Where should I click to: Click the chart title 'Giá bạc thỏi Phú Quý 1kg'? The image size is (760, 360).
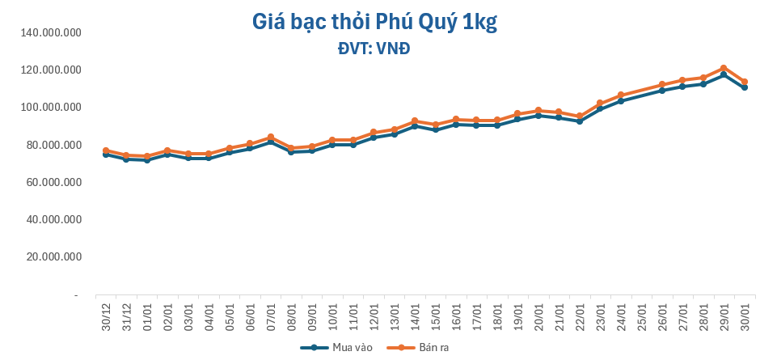374,23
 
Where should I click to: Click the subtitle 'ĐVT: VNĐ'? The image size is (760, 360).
374,49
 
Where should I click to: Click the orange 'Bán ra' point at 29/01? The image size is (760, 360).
724,68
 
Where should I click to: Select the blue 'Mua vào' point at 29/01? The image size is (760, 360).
724,74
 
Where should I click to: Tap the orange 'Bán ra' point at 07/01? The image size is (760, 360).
271,137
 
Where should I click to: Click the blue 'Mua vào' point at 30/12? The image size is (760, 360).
106,155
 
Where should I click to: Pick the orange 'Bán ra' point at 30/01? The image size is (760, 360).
745,82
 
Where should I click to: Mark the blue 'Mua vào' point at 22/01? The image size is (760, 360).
580,121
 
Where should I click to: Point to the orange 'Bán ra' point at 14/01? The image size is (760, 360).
415,121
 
